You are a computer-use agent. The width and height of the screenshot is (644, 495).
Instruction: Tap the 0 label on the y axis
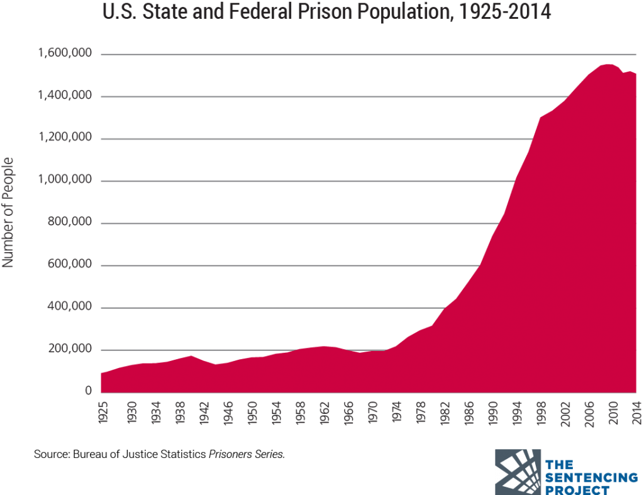tap(89, 392)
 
